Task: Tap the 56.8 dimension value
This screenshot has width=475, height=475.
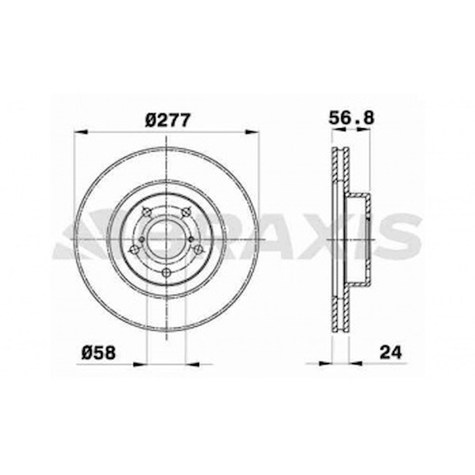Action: (x=351, y=118)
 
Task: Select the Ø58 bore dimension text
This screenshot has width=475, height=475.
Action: (x=99, y=353)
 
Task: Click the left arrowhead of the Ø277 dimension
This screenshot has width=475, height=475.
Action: (x=81, y=132)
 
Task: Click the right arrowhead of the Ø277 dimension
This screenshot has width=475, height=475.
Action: (x=252, y=132)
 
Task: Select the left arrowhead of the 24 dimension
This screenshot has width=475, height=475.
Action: (x=324, y=363)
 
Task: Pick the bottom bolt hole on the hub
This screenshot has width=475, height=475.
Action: (x=166, y=273)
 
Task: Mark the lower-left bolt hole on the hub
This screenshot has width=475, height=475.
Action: (x=134, y=250)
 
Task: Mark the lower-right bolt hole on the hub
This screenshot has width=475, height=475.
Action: (x=198, y=250)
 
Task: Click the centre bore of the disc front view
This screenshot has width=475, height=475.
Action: (x=166, y=239)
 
